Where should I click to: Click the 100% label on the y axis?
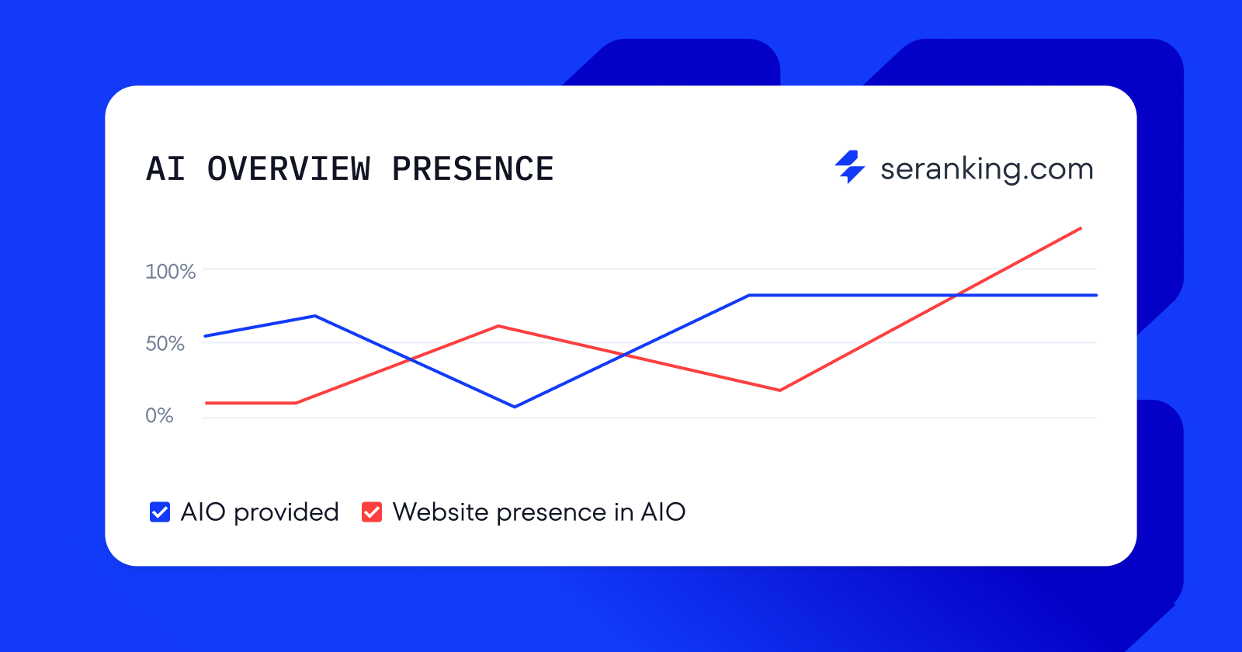[x=170, y=272]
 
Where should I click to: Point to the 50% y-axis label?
[x=165, y=344]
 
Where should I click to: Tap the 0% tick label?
[x=159, y=416]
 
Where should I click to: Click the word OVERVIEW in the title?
[x=289, y=169]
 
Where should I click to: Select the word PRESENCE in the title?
[x=472, y=169]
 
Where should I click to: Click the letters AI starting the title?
[x=165, y=169]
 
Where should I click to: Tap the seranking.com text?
[x=986, y=169]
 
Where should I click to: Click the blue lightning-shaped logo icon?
[x=850, y=167]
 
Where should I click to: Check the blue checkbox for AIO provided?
[x=160, y=512]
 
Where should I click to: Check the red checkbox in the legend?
[x=372, y=512]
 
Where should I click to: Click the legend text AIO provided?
[x=259, y=512]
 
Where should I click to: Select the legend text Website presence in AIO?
[x=539, y=512]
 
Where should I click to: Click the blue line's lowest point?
[x=515, y=407]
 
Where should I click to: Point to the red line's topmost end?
[x=1081, y=228]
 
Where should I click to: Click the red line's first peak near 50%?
[x=498, y=326]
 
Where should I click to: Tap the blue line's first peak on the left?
[x=314, y=316]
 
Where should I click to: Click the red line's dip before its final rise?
[x=779, y=390]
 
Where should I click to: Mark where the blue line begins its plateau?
[x=749, y=295]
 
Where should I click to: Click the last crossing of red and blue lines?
[x=957, y=295]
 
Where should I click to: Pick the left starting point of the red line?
[x=206, y=403]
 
